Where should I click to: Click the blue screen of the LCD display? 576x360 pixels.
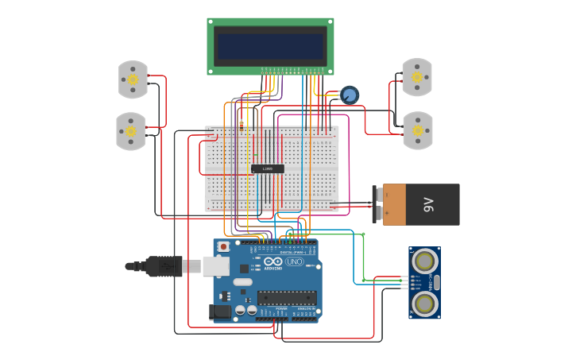270,45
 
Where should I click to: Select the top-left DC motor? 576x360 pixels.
133,79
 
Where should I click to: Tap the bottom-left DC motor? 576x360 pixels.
131,131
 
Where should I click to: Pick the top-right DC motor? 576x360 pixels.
416,77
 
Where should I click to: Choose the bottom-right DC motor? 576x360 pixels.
417,130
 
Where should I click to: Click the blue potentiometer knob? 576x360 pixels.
349,95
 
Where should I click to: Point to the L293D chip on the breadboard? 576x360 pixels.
267,168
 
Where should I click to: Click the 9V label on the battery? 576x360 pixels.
429,205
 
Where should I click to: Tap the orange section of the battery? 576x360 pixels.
394,204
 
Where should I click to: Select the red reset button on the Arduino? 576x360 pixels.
223,247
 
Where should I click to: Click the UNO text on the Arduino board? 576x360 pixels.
294,261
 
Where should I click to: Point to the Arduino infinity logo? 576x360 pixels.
273,261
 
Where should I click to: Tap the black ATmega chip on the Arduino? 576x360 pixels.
286,298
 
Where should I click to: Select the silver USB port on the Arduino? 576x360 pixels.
216,265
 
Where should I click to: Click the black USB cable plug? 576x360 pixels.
164,266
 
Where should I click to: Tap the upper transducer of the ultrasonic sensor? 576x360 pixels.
425,261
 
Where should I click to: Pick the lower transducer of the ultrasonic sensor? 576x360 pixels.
425,303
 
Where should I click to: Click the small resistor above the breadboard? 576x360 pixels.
242,123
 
